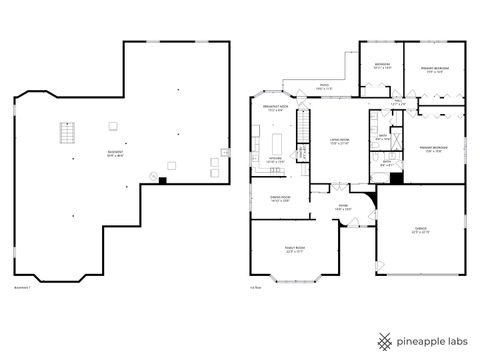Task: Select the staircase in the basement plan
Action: pyautogui.click(x=69, y=134)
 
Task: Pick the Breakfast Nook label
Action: pyautogui.click(x=276, y=107)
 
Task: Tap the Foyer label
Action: pyautogui.click(x=342, y=208)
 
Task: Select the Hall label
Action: pyautogui.click(x=397, y=100)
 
